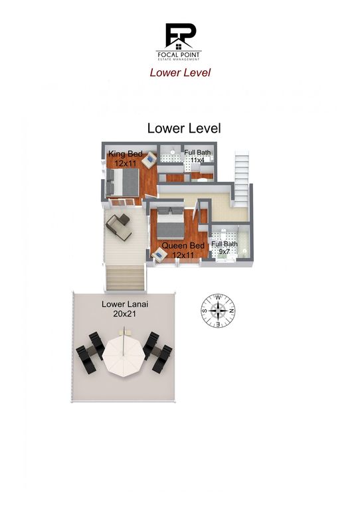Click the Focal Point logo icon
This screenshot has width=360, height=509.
coord(179,36)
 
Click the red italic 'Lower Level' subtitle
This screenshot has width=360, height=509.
coord(180,72)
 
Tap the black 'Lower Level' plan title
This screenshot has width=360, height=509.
coord(183,128)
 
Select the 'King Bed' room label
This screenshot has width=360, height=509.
coord(126,154)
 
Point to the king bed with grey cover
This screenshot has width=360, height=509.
coord(123,182)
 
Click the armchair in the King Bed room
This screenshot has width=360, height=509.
coord(150,159)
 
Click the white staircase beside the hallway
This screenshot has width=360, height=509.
coord(241,173)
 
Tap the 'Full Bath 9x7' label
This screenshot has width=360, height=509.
coord(223,248)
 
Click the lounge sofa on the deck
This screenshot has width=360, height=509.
coord(119,226)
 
